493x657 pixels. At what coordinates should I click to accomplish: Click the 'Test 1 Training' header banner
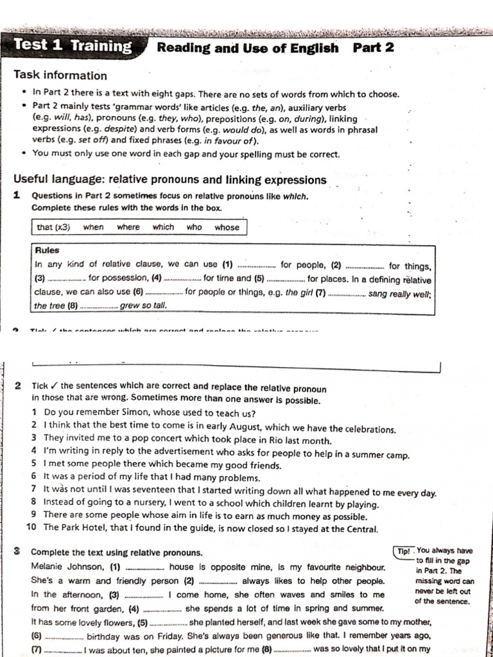72,46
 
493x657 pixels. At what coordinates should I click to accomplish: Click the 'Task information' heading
60,75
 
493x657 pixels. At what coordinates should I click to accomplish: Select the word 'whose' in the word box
227,227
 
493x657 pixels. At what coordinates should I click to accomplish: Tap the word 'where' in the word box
128,227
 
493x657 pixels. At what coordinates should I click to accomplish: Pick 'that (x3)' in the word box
53,227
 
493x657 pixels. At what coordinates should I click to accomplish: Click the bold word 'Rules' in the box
48,250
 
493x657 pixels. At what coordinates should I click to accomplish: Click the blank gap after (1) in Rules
256,265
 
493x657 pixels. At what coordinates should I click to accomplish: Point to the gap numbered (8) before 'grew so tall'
99,307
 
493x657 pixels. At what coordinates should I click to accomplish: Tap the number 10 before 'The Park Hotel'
31,528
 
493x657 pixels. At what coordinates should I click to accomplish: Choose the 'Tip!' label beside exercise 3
402,551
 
